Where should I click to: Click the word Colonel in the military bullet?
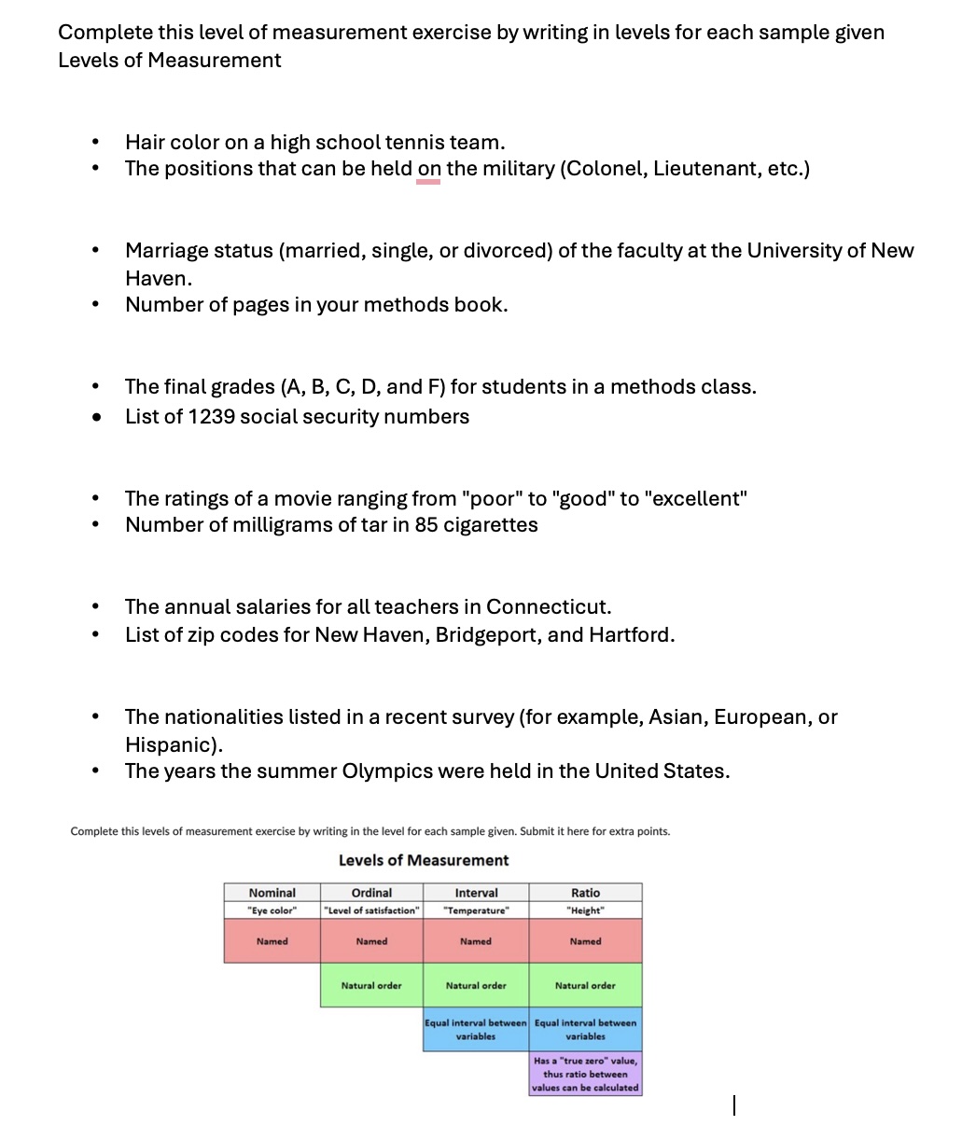coord(601,169)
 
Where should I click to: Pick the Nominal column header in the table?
coord(272,893)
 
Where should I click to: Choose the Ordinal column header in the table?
coord(371,893)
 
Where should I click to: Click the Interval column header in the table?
coord(476,893)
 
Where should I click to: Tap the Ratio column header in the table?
coord(585,893)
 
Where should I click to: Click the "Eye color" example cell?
coord(272,910)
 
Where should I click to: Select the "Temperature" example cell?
coord(476,910)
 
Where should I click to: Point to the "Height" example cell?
coord(585,910)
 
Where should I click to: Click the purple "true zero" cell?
coord(585,1074)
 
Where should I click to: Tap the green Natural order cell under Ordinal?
coord(371,985)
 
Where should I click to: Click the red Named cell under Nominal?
coord(272,941)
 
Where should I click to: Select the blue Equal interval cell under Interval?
coord(476,1029)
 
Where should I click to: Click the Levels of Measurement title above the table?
coord(424,860)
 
